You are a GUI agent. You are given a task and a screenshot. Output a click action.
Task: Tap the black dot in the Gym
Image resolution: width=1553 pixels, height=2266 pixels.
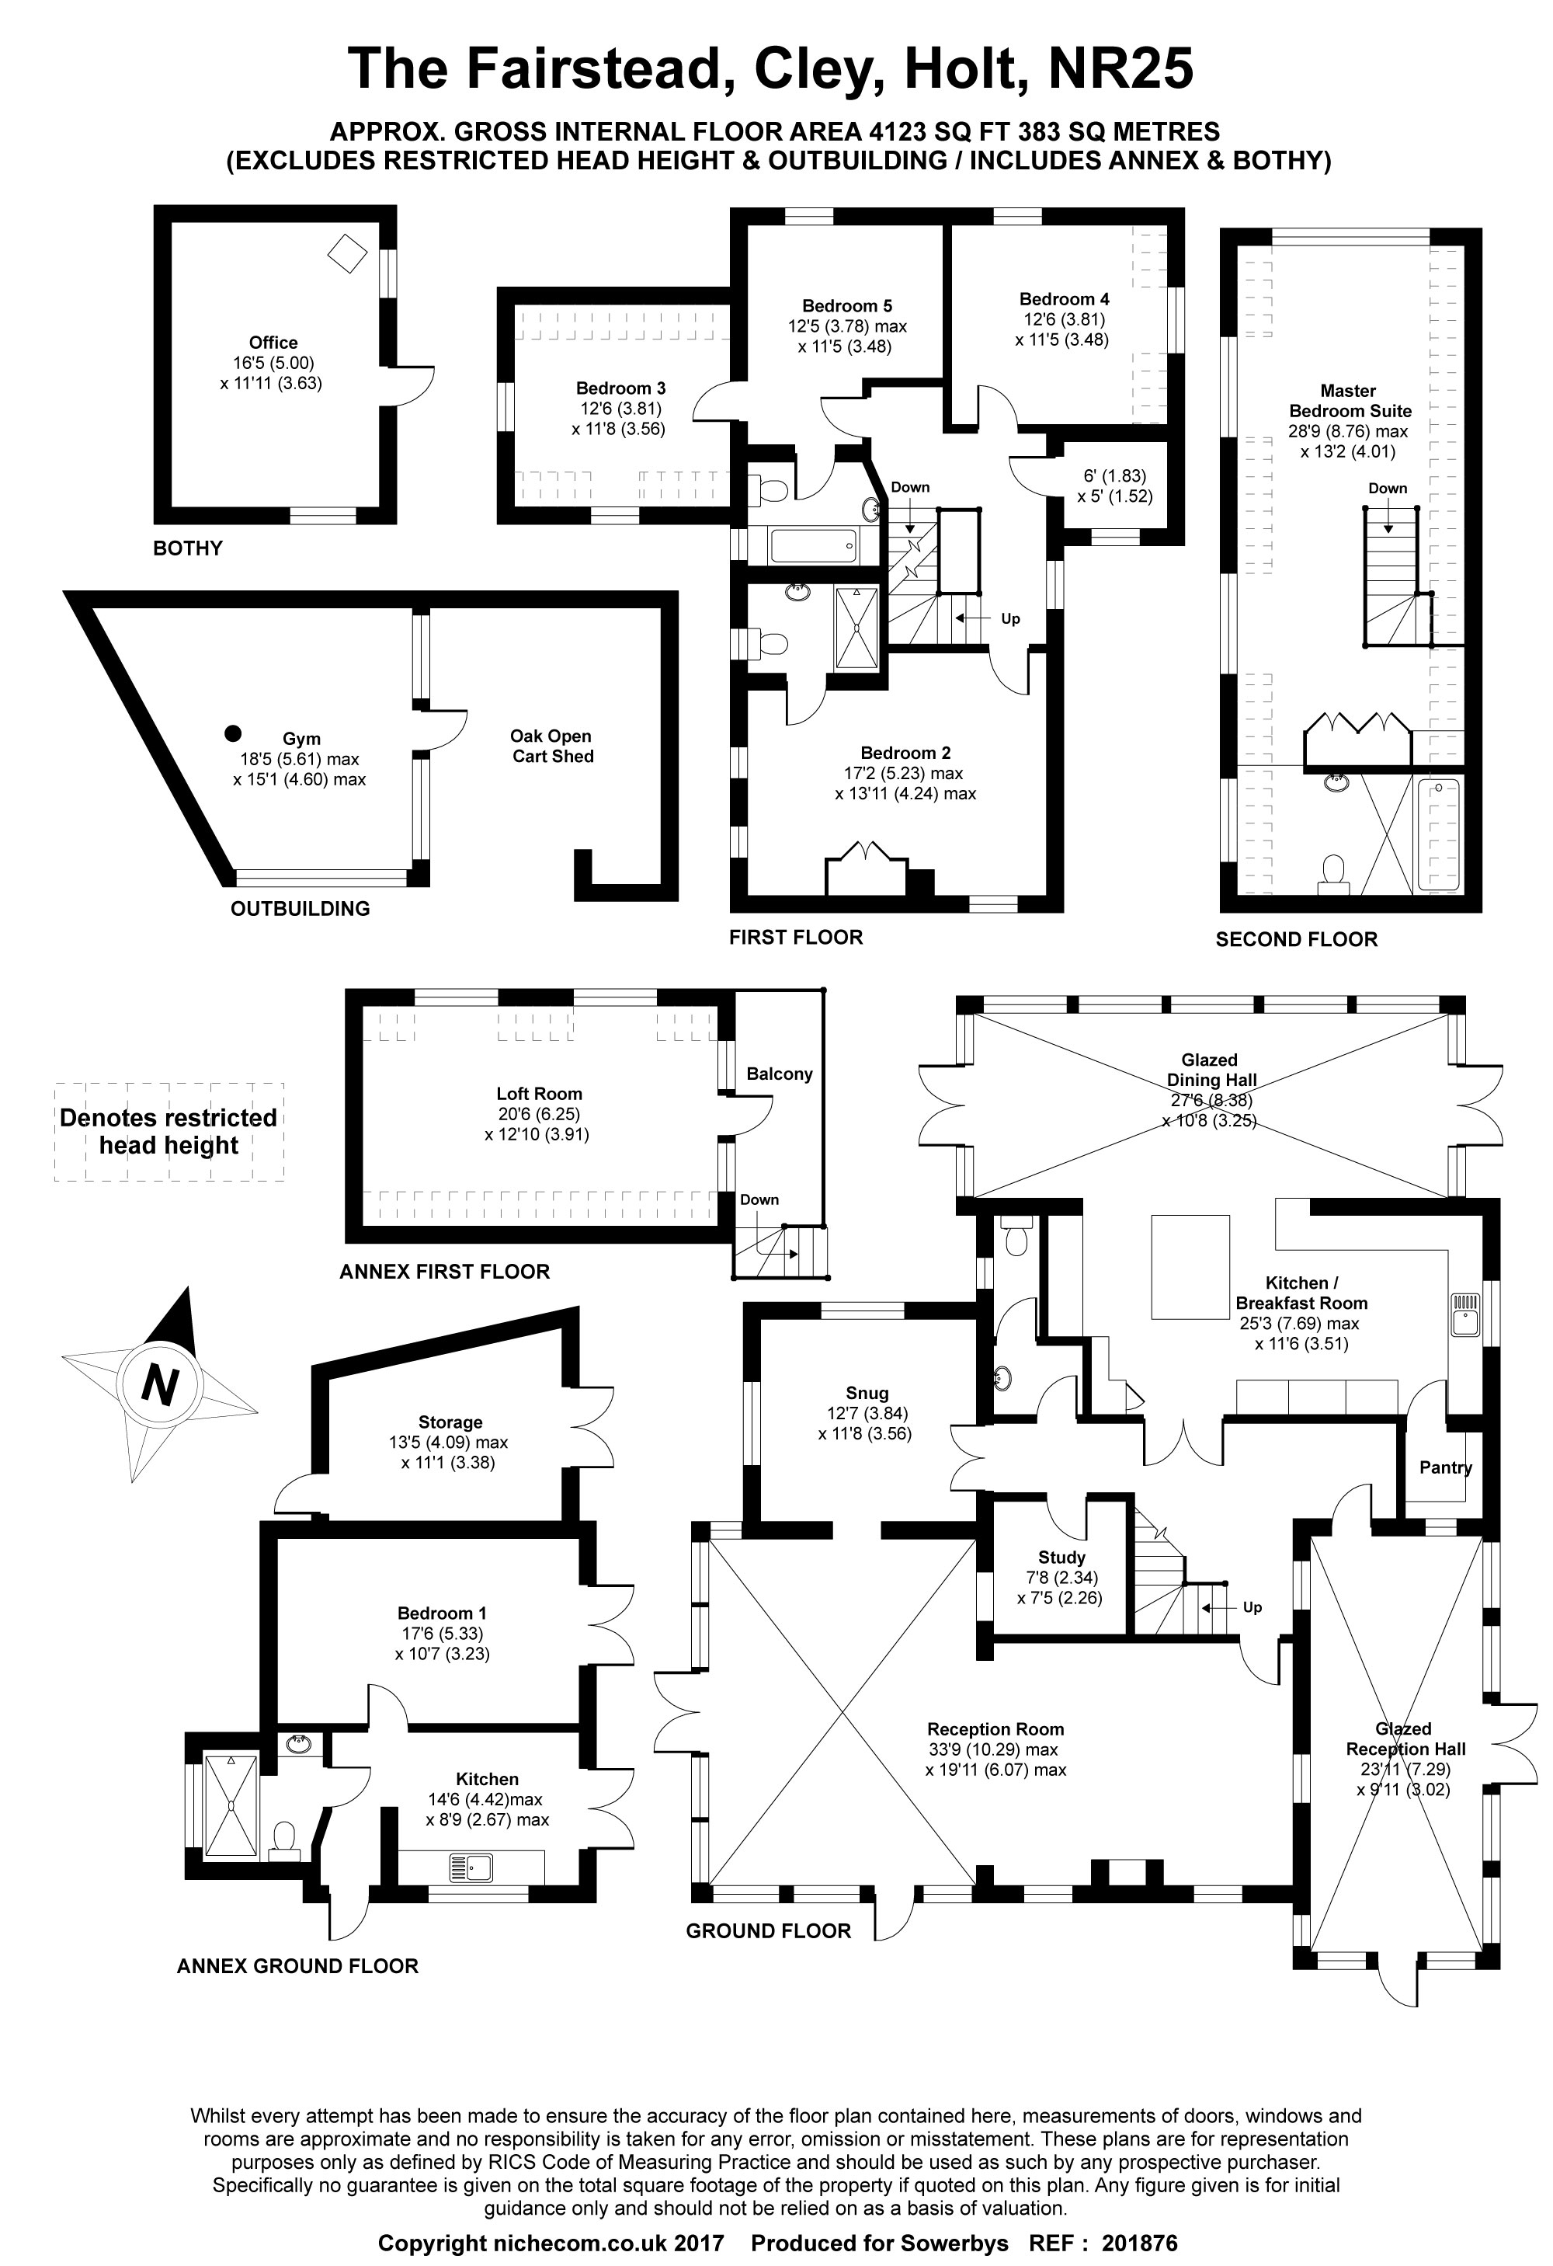click(232, 733)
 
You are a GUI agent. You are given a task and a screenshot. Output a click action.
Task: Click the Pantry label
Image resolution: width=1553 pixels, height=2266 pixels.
click(1445, 1467)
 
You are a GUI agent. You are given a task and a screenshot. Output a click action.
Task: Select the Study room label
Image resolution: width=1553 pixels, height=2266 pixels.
click(1061, 1557)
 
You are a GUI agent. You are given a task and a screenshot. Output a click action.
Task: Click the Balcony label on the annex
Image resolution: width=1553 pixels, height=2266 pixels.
click(779, 1074)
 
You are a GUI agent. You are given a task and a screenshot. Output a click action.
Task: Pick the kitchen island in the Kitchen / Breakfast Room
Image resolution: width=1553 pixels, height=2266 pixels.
click(1190, 1266)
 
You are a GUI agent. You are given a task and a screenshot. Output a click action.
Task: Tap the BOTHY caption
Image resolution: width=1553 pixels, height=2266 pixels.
click(188, 548)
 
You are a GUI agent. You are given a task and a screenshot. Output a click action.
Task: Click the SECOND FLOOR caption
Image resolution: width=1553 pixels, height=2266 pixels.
click(1296, 939)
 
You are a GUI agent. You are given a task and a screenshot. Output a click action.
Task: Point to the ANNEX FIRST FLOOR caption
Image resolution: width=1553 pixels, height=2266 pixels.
click(445, 1272)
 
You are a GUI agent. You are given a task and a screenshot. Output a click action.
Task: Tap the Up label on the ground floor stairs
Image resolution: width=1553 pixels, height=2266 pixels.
click(1252, 1607)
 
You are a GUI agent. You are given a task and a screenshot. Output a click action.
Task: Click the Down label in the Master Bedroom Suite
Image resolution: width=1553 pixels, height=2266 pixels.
click(1388, 488)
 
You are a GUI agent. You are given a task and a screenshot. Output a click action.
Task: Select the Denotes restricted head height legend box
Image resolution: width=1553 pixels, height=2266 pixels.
click(169, 1132)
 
